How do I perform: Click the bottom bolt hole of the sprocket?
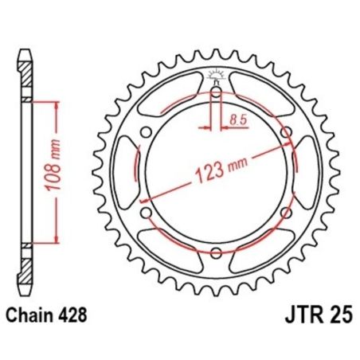(216, 253)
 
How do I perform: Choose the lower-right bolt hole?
(285, 213)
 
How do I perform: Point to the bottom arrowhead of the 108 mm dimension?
(56, 240)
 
